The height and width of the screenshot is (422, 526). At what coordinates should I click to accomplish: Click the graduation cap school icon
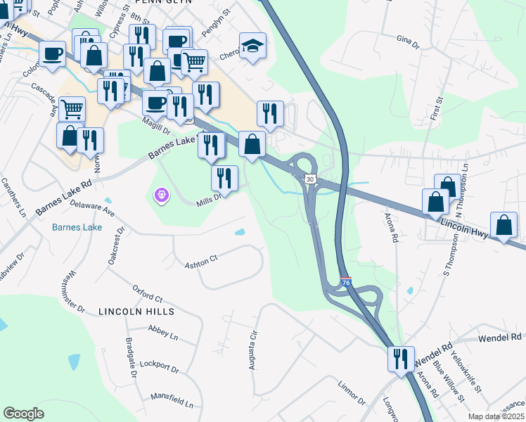[x=252, y=47]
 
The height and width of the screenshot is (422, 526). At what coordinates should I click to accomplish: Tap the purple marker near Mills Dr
[x=162, y=193]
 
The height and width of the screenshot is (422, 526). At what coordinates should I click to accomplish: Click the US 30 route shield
[x=310, y=180]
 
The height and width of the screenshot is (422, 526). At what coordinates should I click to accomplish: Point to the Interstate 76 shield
[x=346, y=281]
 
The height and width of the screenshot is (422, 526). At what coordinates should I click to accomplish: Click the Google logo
[x=24, y=414]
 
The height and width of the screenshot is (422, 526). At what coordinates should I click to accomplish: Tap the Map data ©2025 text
[x=496, y=416]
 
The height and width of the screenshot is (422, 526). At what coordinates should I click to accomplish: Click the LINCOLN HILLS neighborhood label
[x=136, y=311]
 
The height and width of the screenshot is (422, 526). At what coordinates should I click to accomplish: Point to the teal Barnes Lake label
[x=77, y=227]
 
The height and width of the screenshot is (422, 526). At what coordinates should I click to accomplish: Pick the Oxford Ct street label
[x=148, y=293]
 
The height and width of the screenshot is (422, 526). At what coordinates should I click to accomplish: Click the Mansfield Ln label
[x=172, y=401]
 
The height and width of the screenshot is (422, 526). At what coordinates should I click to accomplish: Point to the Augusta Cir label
[x=252, y=350]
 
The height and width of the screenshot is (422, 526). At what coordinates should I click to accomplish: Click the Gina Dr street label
[x=407, y=43]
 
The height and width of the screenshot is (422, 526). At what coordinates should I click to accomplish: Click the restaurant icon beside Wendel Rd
[x=400, y=358]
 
